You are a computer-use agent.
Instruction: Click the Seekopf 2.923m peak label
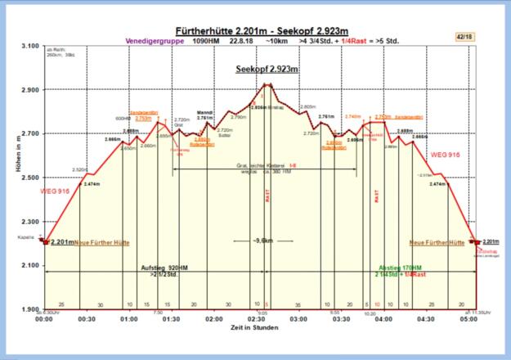click(x=267, y=69)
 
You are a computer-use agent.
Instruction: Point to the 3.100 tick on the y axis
click(x=29, y=46)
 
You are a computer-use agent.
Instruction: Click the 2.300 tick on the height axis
click(x=29, y=222)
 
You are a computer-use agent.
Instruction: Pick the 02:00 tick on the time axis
click(x=214, y=320)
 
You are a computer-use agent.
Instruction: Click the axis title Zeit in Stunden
click(x=255, y=327)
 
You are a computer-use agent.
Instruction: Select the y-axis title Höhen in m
click(x=11, y=178)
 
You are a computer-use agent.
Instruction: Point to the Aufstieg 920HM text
click(x=166, y=268)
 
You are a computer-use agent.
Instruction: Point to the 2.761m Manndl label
click(x=205, y=117)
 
